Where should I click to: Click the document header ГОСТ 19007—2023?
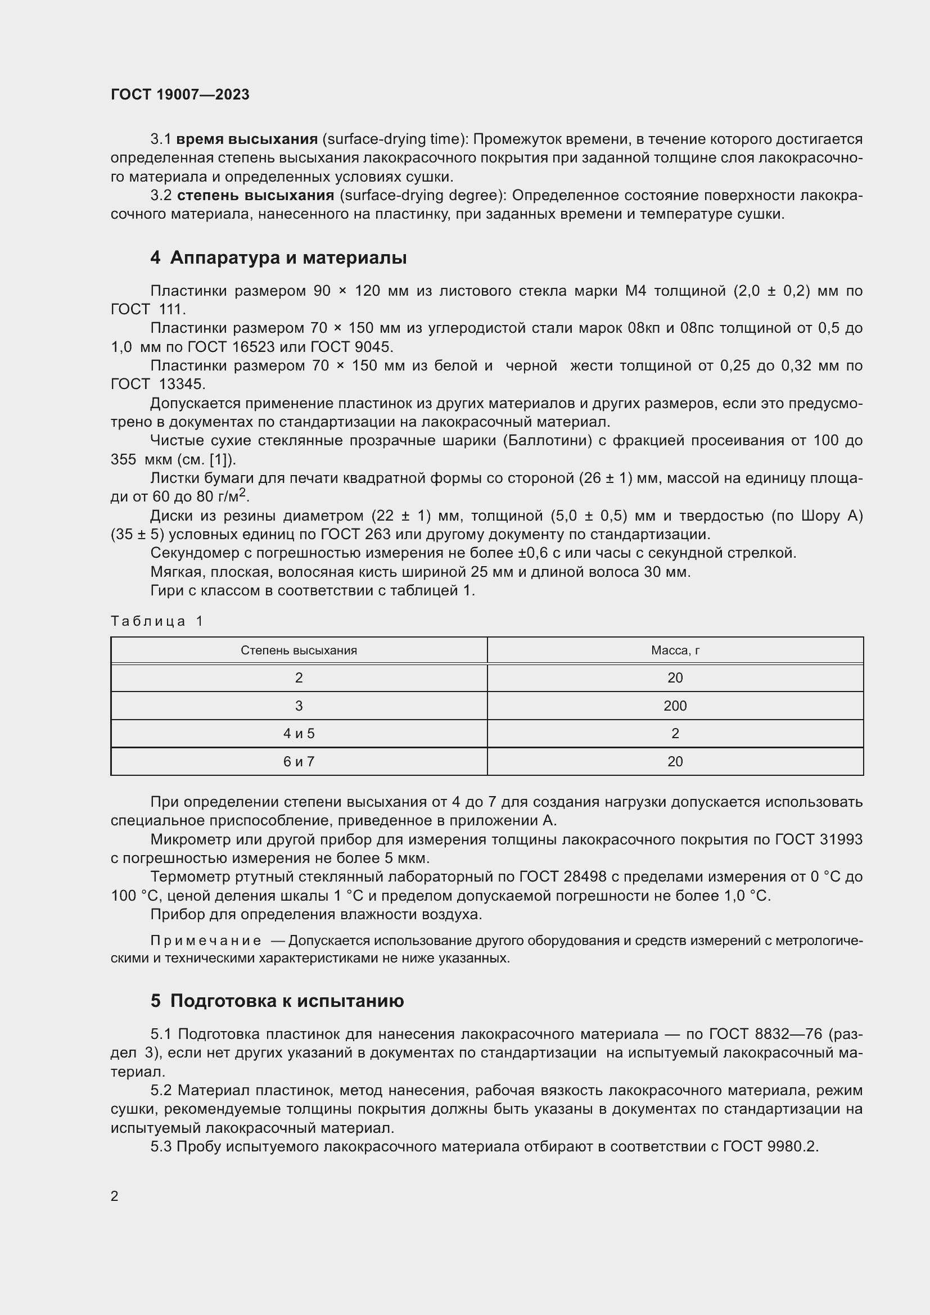point(180,94)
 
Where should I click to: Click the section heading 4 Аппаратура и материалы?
point(278,257)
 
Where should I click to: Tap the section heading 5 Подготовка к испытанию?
point(277,1001)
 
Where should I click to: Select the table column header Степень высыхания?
point(299,650)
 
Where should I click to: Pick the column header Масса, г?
point(675,650)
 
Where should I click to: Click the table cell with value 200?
point(675,706)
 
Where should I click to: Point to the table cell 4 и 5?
point(299,734)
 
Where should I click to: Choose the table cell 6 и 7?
point(299,762)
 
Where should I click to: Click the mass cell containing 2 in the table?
point(675,734)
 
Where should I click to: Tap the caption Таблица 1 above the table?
point(157,621)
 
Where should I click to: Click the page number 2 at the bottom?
point(115,1196)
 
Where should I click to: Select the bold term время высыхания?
point(247,139)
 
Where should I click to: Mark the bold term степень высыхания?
point(255,195)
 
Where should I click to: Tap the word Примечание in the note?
point(206,941)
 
